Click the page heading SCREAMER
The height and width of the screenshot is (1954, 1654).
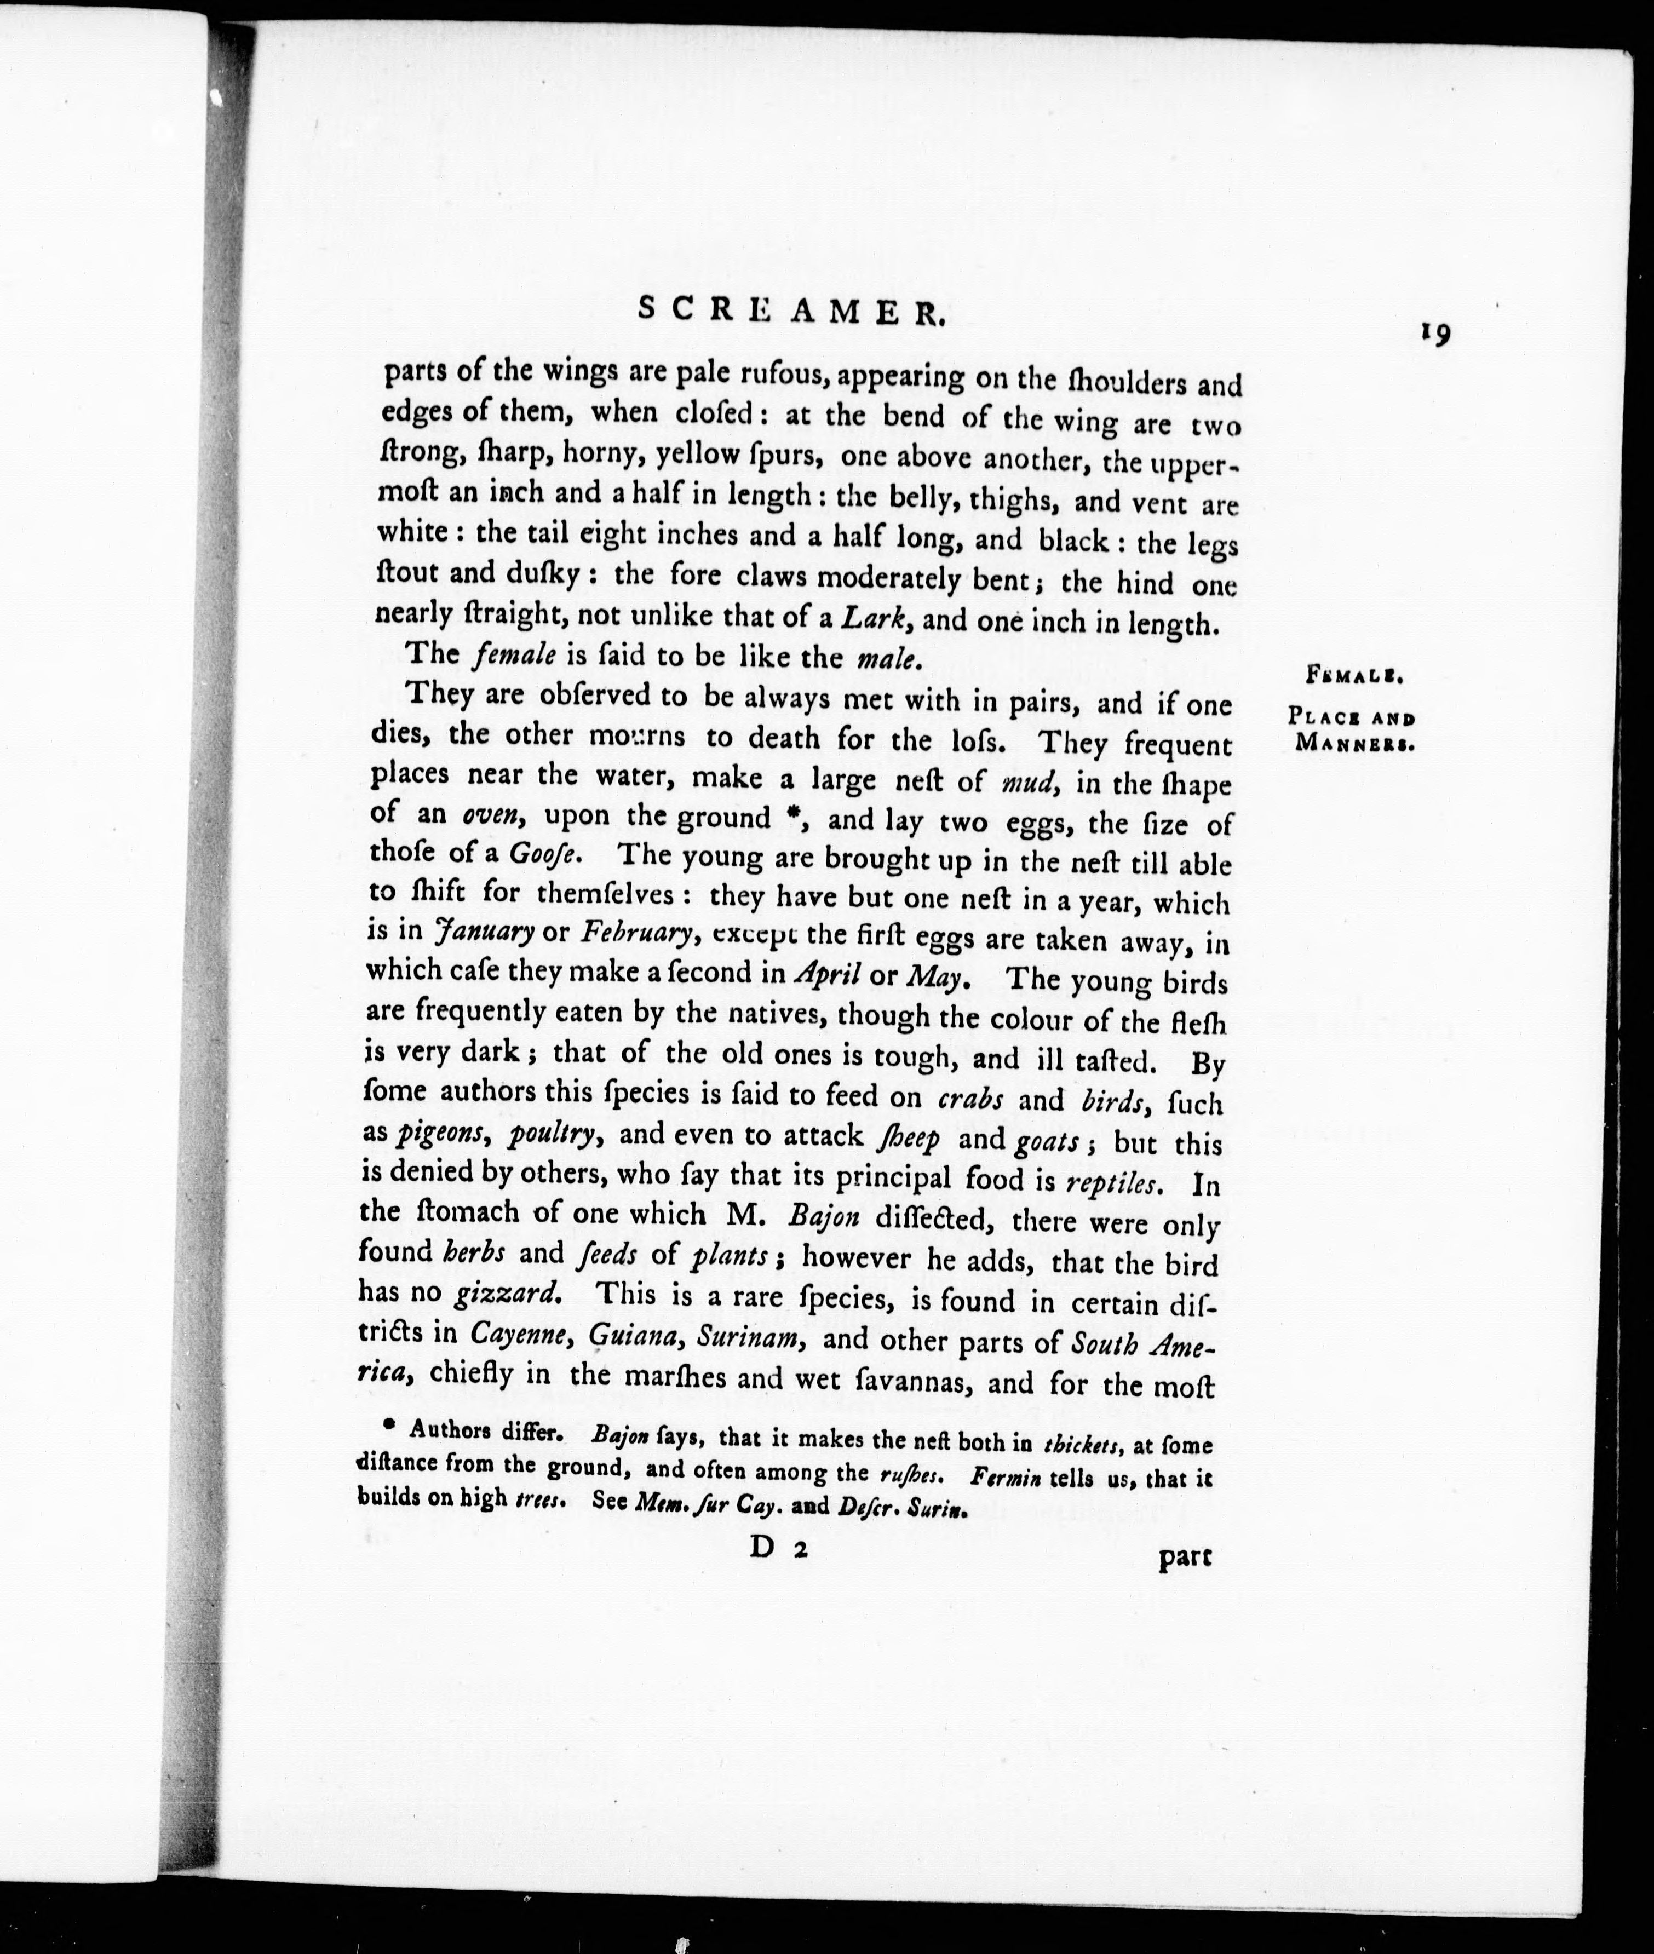[x=790, y=311]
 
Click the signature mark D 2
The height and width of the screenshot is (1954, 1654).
[x=778, y=1549]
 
